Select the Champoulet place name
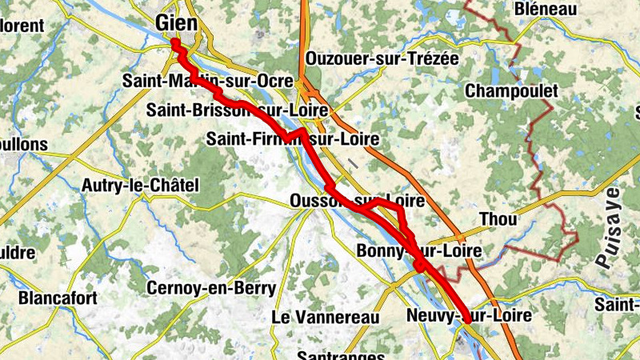[x=510, y=90]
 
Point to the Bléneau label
[x=547, y=9]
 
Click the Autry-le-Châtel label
[x=140, y=186]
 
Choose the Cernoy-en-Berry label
[x=211, y=288]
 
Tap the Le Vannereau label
[x=325, y=317]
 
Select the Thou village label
[x=498, y=219]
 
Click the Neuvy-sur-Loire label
[x=469, y=315]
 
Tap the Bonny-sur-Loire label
[x=420, y=251]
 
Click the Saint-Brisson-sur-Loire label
[x=238, y=110]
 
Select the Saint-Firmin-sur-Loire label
[x=292, y=138]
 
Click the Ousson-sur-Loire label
[x=357, y=200]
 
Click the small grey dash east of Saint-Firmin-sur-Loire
[x=352, y=163]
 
